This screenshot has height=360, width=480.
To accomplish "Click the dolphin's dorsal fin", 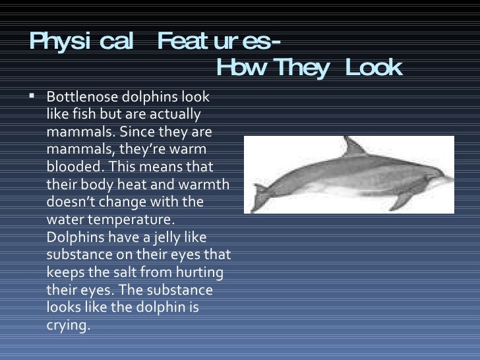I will coord(353,146).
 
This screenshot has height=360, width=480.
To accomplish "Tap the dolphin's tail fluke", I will coord(261,196).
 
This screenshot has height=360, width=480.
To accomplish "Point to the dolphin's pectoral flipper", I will coord(399,200).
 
